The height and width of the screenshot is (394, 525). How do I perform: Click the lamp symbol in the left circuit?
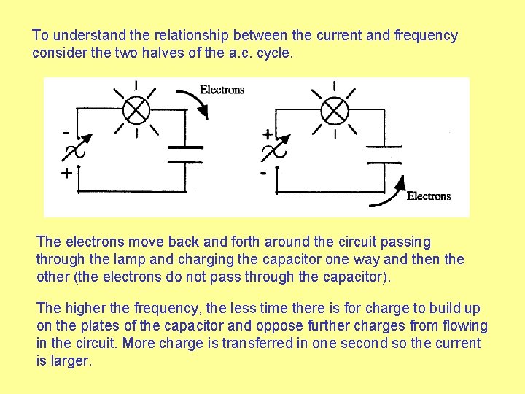tap(136, 111)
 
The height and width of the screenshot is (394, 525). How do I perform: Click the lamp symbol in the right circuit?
tap(334, 111)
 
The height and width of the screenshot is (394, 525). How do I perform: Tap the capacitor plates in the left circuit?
tap(185, 154)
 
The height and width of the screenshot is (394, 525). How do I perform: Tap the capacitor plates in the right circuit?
tap(384, 154)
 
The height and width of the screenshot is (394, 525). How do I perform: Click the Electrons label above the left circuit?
tap(222, 90)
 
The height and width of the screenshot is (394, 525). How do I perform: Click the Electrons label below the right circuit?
tap(429, 196)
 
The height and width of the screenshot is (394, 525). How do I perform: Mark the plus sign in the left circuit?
tap(66, 174)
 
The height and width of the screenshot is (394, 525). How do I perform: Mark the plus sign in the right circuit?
tap(268, 135)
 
